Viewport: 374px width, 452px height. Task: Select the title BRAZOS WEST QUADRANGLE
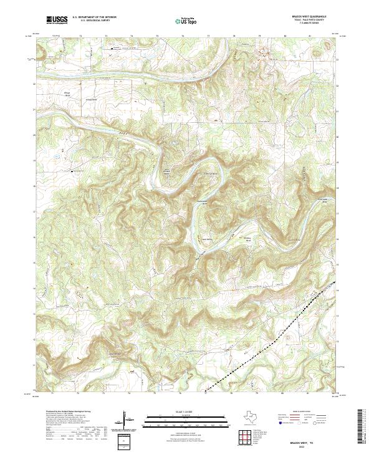point(312,17)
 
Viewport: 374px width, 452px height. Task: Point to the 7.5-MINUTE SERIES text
point(312,24)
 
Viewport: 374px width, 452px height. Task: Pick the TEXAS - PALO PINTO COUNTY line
point(312,21)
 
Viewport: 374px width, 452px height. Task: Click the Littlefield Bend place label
point(209,173)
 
